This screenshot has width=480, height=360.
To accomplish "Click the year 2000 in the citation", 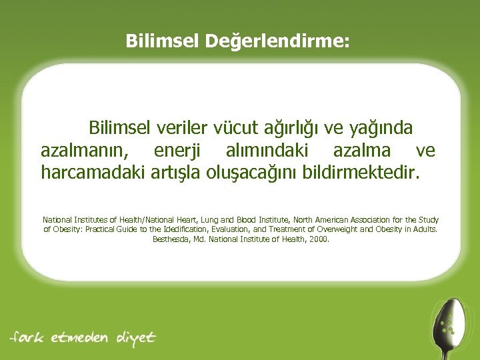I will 319,238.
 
